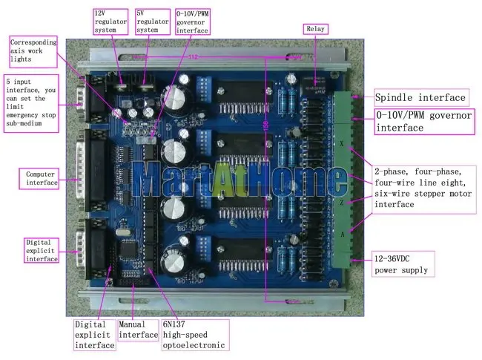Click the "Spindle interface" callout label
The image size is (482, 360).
pos(420,97)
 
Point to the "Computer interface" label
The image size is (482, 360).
pos(41,178)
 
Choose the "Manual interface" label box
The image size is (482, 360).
pos(139,330)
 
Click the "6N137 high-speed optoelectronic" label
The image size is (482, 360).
pos(195,335)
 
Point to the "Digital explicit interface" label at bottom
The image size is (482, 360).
pos(94,335)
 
